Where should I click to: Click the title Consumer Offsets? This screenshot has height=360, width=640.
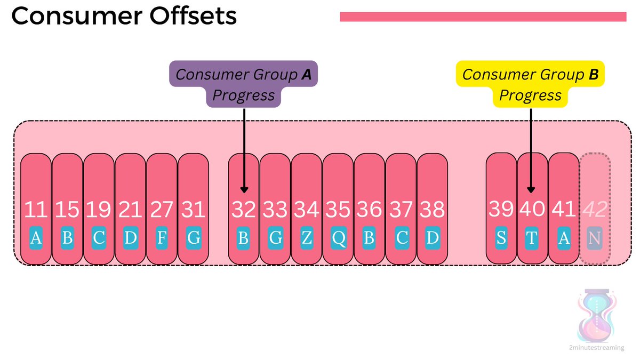(124, 17)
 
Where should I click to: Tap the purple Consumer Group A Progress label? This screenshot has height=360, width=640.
(244, 84)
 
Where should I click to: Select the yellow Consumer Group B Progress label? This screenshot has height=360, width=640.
(531, 84)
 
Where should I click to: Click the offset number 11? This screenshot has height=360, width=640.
(36, 210)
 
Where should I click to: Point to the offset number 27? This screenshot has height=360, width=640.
(162, 210)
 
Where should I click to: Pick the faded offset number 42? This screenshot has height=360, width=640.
(595, 210)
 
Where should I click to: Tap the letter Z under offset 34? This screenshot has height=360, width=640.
(307, 238)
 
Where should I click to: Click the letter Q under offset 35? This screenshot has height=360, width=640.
(338, 238)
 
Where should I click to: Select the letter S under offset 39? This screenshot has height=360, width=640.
(501, 238)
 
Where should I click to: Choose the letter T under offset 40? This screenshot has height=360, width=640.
(532, 238)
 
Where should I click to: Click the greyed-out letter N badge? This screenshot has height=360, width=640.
(595, 238)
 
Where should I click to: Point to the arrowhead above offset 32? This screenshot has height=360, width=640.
(244, 189)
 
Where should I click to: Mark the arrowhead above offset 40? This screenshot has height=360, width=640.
(531, 189)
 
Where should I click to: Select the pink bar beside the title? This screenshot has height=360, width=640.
(483, 17)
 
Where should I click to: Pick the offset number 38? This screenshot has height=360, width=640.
(432, 210)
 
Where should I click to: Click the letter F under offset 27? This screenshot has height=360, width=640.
(162, 238)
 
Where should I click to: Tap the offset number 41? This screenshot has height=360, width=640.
(563, 210)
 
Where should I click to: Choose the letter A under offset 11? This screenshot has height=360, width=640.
(36, 238)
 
